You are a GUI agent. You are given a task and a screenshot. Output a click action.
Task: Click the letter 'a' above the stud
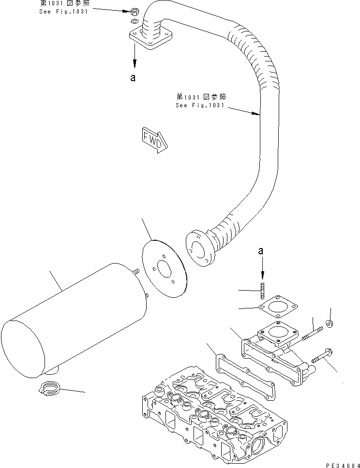pos(261,251)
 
